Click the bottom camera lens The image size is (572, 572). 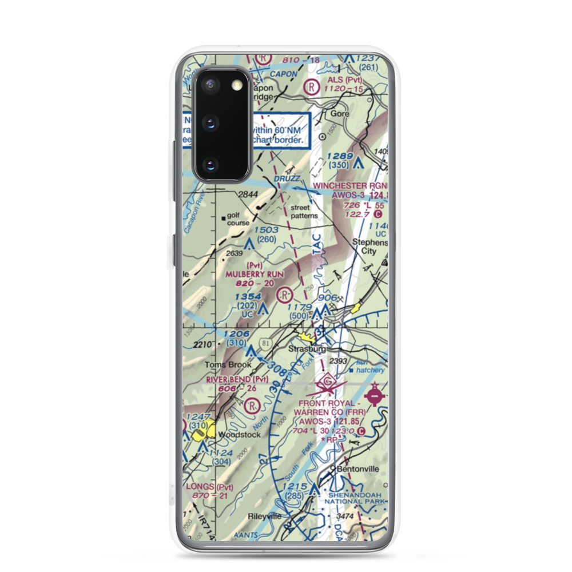pos(210,165)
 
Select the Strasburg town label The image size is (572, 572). pos(307,349)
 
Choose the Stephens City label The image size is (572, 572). pos(370,246)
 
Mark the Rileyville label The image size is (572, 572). pos(264,516)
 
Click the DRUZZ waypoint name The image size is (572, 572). pos(287,179)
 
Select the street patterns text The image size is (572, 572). pos(304,212)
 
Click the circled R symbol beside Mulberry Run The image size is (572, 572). pos(283,295)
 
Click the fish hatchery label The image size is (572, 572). pos(370,367)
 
